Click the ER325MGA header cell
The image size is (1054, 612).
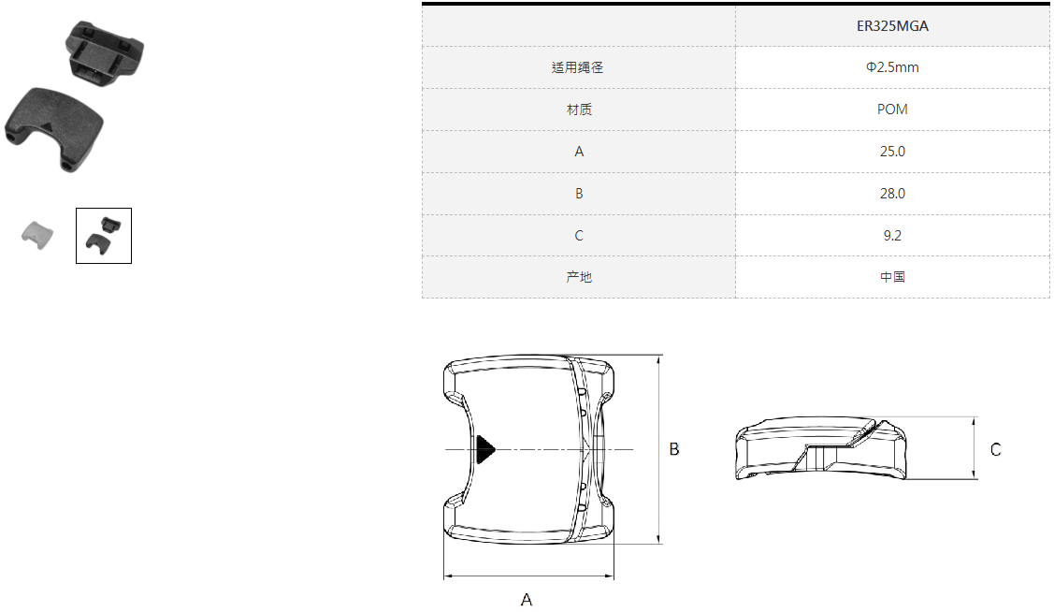pyautogui.click(x=892, y=26)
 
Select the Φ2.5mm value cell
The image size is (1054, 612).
pyautogui.click(x=892, y=67)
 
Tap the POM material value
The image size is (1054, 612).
pyautogui.click(x=892, y=109)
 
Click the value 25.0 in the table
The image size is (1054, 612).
pyautogui.click(x=892, y=152)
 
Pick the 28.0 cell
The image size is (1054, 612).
pyautogui.click(x=892, y=194)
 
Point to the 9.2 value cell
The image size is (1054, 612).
pyautogui.click(x=892, y=236)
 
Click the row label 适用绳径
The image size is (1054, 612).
pyautogui.click(x=577, y=67)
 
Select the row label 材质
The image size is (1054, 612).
pyautogui.click(x=579, y=109)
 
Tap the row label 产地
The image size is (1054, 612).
pyautogui.click(x=579, y=276)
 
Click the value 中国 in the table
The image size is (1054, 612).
pyautogui.click(x=892, y=276)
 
